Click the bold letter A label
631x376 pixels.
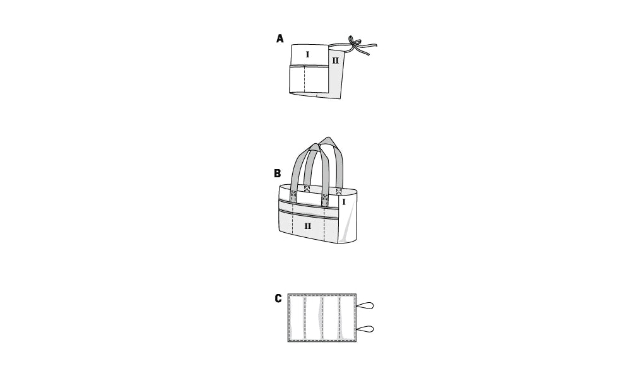pyautogui.click(x=280, y=38)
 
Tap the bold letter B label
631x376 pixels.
pyautogui.click(x=277, y=173)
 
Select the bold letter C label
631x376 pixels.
pyautogui.click(x=278, y=299)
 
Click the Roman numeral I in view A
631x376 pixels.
pyautogui.click(x=308, y=54)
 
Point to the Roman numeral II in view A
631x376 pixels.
pyautogui.click(x=335, y=61)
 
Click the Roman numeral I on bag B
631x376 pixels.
pyautogui.click(x=344, y=203)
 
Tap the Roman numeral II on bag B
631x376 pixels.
pyautogui.click(x=308, y=226)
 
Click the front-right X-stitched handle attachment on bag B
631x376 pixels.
pyautogui.click(x=325, y=197)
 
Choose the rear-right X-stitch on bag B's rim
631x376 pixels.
pyautogui.click(x=339, y=191)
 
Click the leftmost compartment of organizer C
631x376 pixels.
pyautogui.click(x=297, y=318)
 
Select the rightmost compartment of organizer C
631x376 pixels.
pyautogui.click(x=347, y=318)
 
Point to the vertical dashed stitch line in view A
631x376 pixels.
pyautogui.click(x=305, y=79)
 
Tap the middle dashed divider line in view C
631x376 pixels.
pyautogui.click(x=322, y=318)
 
